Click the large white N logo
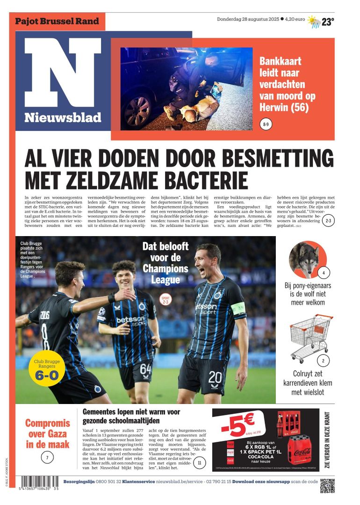(x=63, y=73)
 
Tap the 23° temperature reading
(x=328, y=22)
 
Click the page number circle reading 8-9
(x=266, y=125)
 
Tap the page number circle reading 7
(x=47, y=458)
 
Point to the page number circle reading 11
(x=200, y=463)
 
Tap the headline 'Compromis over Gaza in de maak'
(x=47, y=433)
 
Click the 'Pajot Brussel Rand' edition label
(x=57, y=21)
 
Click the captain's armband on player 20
(x=238, y=308)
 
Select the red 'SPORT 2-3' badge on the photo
(x=166, y=299)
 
